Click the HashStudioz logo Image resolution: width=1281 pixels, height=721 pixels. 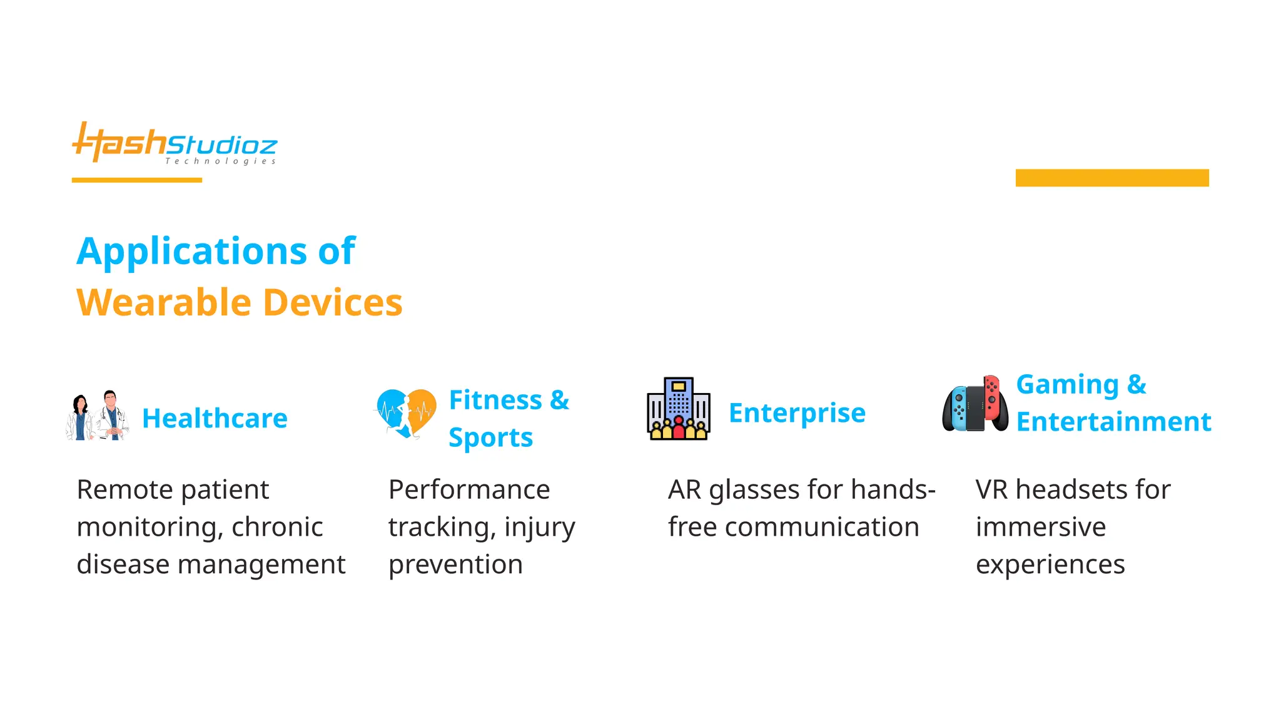175,144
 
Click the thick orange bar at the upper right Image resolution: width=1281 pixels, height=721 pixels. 1111,178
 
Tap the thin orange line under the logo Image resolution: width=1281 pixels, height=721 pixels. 136,180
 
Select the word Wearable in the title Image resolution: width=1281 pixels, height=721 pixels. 164,303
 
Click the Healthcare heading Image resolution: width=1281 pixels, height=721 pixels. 215,418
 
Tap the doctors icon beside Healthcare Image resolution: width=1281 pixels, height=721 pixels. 98,416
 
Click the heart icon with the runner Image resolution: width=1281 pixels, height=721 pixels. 406,413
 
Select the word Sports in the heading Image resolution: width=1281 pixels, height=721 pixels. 490,437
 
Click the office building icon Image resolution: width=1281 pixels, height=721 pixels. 679,409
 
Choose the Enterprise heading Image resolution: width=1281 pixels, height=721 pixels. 797,413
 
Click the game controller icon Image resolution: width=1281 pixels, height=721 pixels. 975,405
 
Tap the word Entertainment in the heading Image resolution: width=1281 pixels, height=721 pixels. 1113,422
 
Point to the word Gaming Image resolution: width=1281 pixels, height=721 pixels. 1067,384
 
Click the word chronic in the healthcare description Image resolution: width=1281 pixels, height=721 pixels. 277,527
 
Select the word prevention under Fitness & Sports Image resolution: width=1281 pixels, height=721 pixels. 455,565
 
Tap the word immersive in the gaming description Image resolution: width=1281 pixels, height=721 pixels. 1040,527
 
